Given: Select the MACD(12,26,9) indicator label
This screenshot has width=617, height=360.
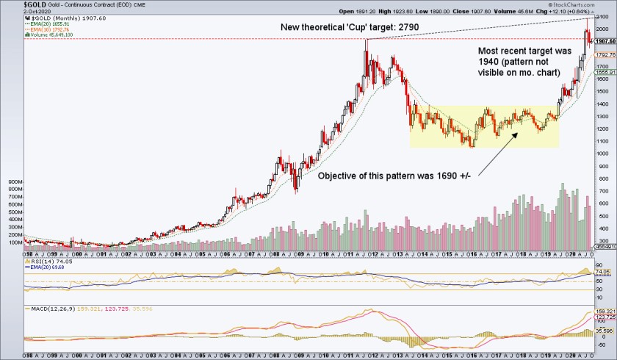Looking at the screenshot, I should pyautogui.click(x=44, y=309).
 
